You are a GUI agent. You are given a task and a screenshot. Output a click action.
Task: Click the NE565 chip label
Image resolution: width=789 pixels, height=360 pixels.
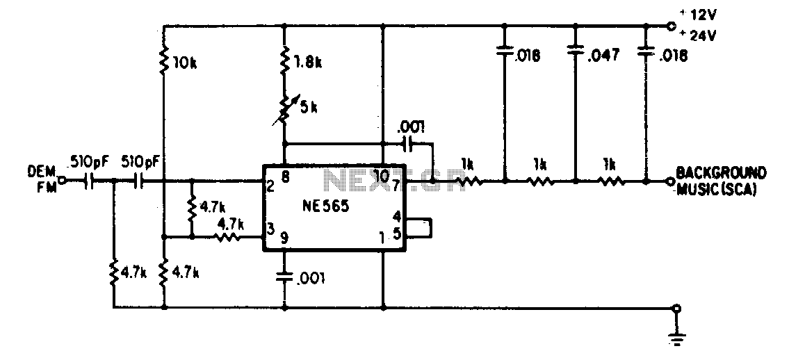click(x=327, y=207)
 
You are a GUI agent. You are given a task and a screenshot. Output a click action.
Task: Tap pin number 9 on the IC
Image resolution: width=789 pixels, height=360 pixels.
click(x=284, y=239)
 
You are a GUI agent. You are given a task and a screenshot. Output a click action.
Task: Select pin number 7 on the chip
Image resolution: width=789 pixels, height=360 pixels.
click(x=396, y=185)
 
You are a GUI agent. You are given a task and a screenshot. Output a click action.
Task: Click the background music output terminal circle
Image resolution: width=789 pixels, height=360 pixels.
click(x=669, y=181)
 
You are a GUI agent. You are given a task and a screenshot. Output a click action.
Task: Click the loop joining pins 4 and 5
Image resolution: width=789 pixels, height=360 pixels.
click(x=419, y=227)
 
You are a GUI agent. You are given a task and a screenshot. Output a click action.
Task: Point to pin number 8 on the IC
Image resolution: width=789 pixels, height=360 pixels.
click(x=284, y=176)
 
